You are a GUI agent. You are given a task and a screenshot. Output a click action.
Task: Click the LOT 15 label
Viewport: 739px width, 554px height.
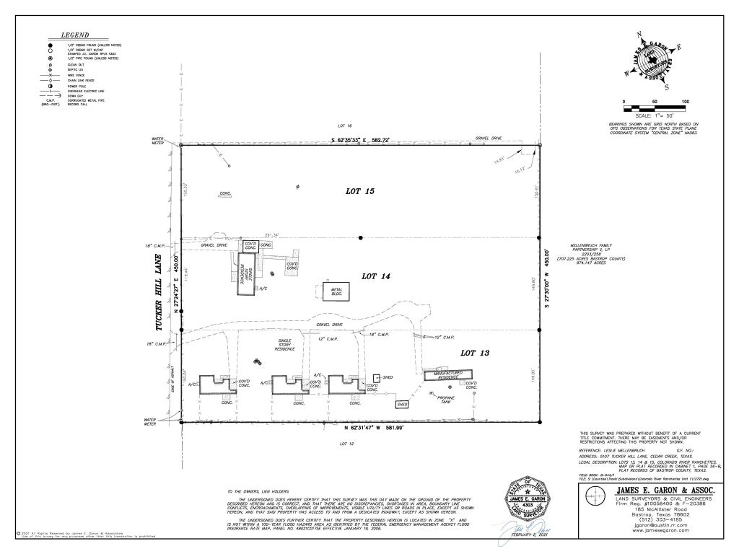(359, 191)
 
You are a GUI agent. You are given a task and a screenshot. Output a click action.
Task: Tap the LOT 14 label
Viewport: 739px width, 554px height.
(375, 276)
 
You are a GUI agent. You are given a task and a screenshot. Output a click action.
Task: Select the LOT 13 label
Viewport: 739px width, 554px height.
(475, 353)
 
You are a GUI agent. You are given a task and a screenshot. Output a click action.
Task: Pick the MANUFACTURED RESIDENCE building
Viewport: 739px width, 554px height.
(448, 375)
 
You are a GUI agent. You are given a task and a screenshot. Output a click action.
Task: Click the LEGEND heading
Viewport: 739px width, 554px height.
(74, 35)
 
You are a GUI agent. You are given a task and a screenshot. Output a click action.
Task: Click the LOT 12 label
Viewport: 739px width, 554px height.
(346, 444)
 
